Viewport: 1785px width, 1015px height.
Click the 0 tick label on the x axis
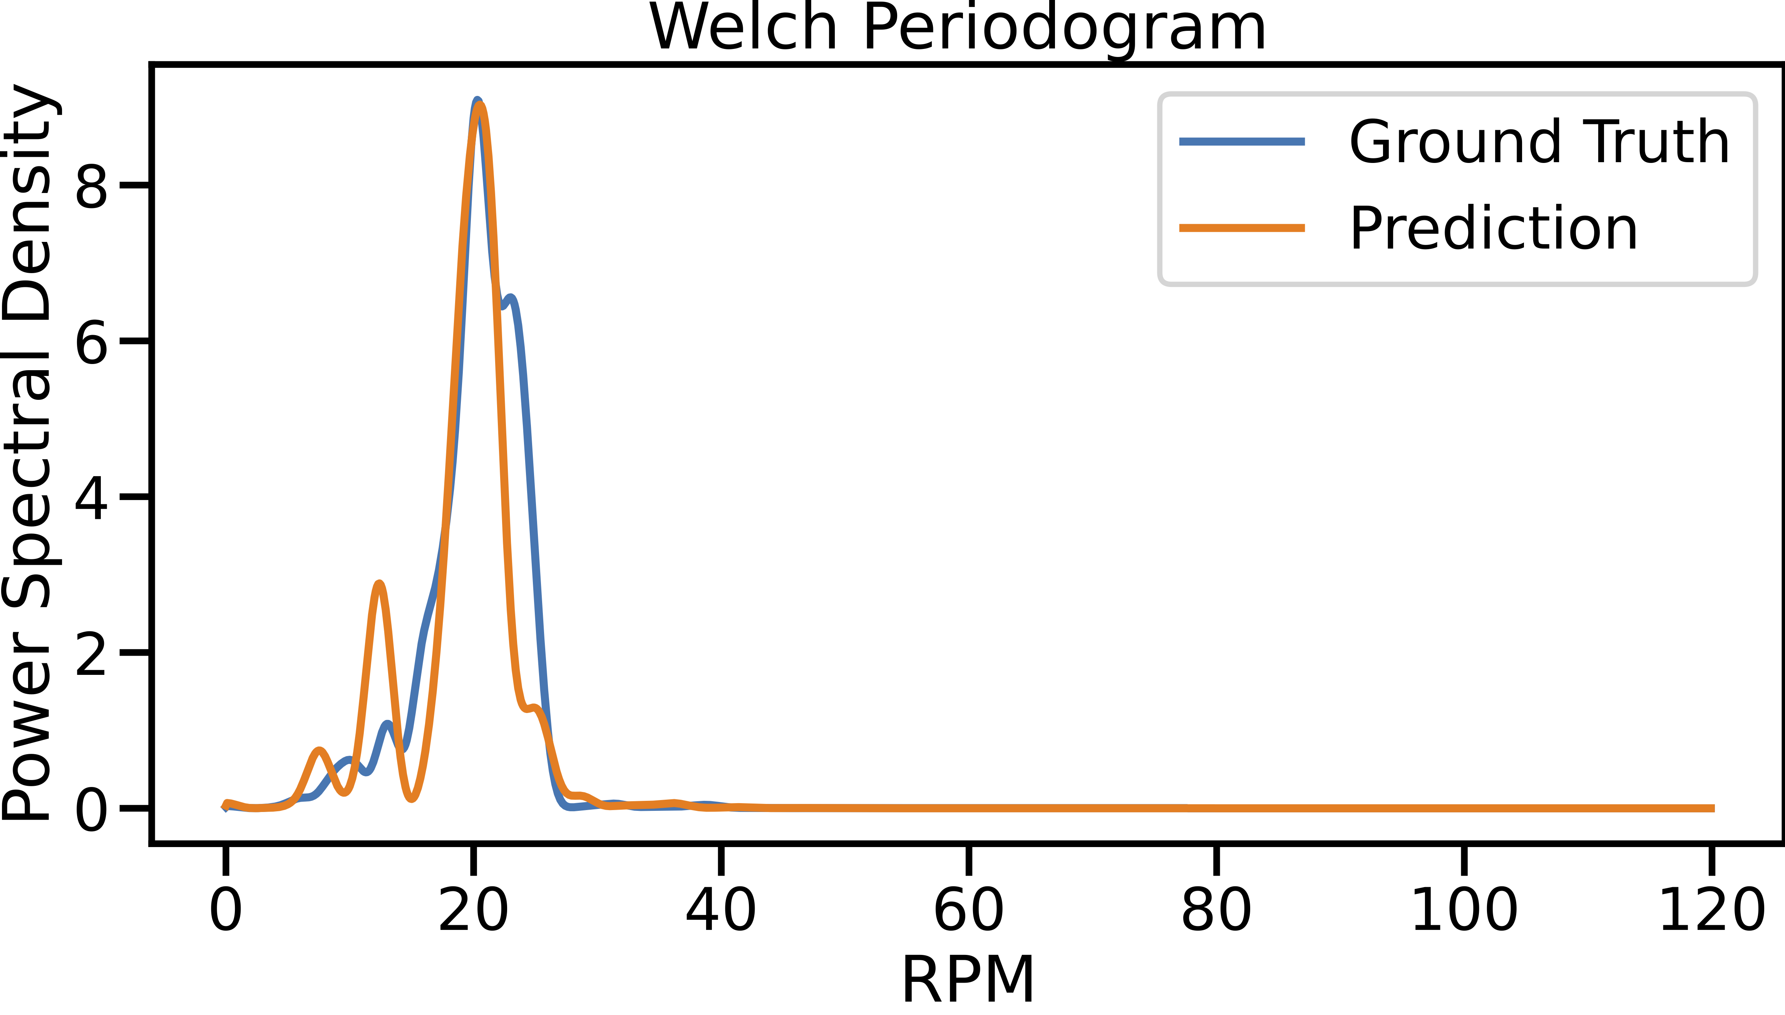coord(226,910)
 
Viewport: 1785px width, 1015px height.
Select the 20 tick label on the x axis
coord(473,910)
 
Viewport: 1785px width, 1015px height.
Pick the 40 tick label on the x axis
coord(721,910)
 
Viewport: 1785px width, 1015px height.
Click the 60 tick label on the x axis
coord(968,910)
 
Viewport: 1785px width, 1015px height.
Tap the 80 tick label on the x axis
coord(1216,910)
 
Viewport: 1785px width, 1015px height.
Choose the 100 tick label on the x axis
coord(1464,910)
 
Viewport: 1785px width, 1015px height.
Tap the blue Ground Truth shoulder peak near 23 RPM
coord(511,299)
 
